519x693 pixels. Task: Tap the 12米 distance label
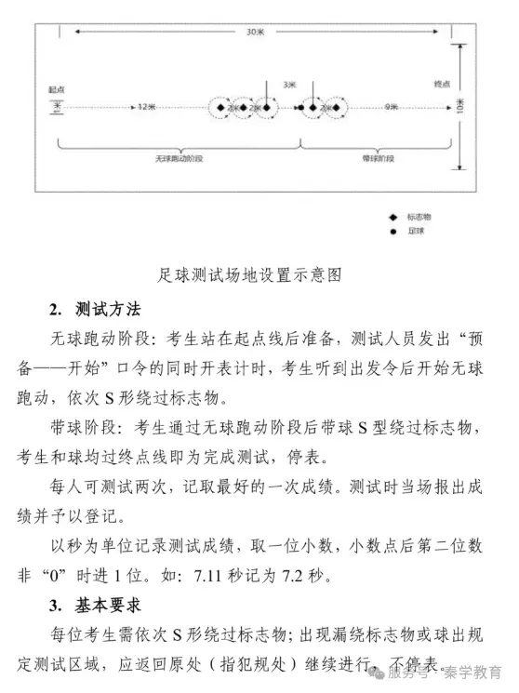(145, 107)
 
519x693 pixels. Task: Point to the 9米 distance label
(392, 107)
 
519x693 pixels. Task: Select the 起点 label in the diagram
(57, 90)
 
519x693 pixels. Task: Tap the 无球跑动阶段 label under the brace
(179, 159)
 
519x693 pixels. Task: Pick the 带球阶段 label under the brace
(379, 159)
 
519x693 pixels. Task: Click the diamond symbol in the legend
(392, 216)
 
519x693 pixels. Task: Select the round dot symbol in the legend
(392, 229)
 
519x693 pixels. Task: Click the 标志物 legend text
(419, 216)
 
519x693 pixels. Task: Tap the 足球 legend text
(415, 229)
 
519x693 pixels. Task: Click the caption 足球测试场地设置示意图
(250, 275)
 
